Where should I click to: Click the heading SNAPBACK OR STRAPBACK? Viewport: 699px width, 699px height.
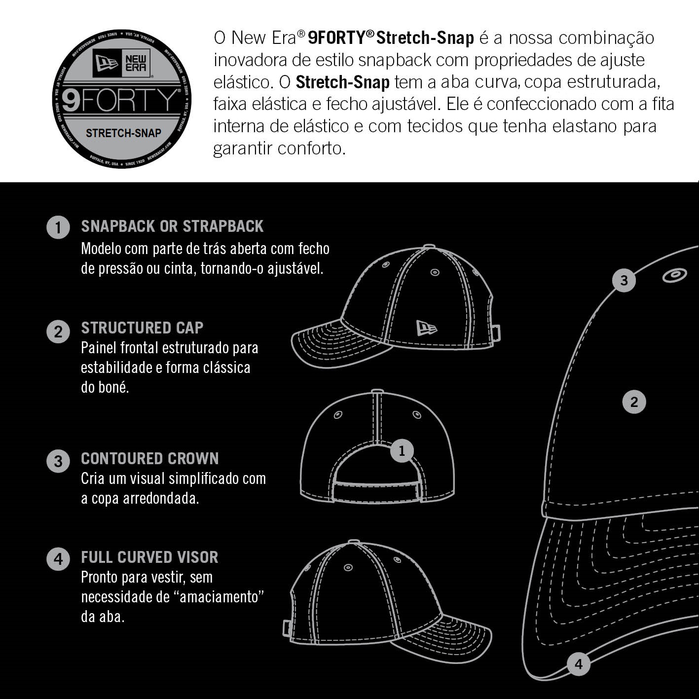pyautogui.click(x=172, y=226)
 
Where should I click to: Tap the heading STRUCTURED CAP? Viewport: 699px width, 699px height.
pyautogui.click(x=142, y=328)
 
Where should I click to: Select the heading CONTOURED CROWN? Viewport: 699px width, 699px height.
pyautogui.click(x=150, y=458)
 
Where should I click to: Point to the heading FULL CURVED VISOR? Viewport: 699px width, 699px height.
pyautogui.click(x=149, y=557)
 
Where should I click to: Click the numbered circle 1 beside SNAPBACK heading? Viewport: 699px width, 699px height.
pyautogui.click(x=58, y=227)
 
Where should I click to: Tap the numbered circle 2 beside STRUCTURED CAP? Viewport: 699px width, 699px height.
pyautogui.click(x=58, y=331)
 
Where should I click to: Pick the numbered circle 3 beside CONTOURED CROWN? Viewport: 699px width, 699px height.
pyautogui.click(x=58, y=461)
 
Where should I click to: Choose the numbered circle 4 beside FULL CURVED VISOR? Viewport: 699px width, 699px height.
pyautogui.click(x=58, y=559)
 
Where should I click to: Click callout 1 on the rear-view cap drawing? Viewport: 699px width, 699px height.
pyautogui.click(x=402, y=451)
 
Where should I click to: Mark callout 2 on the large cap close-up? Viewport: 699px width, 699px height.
pyautogui.click(x=634, y=402)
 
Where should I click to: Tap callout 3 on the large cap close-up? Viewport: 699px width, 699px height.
pyautogui.click(x=624, y=280)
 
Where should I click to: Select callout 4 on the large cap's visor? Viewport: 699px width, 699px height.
pyautogui.click(x=579, y=664)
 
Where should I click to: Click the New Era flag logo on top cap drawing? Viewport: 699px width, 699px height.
pyautogui.click(x=427, y=328)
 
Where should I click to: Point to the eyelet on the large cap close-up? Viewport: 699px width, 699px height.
pyautogui.click(x=675, y=275)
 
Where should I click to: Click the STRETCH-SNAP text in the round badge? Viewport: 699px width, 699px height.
pyautogui.click(x=123, y=133)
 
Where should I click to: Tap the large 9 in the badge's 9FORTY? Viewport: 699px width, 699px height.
pyautogui.click(x=71, y=100)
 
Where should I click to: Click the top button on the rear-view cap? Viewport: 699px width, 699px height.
pyautogui.click(x=377, y=392)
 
